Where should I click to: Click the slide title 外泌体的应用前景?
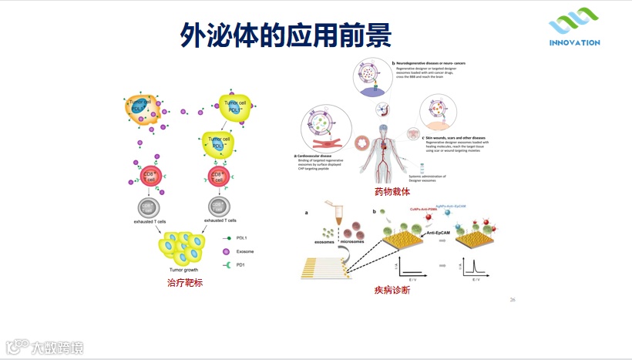(x=285, y=34)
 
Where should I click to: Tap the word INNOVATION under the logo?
(x=574, y=43)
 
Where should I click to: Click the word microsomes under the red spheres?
(x=358, y=241)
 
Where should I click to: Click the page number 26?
(x=513, y=299)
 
